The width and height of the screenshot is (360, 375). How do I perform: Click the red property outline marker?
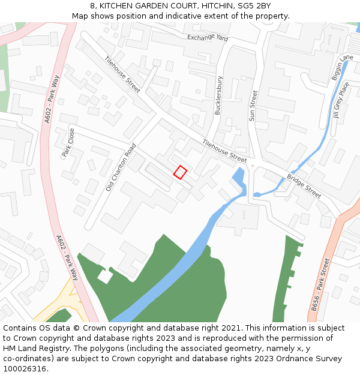coord(180,172)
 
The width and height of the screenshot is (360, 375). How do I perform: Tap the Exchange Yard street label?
coord(208,37)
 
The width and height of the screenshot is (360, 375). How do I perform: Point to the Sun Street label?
coord(253,106)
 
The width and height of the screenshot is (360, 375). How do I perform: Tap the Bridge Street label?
coord(304,186)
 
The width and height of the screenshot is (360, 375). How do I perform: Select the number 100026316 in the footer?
coord(24,369)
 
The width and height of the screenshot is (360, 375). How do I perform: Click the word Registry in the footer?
coord(55,349)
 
